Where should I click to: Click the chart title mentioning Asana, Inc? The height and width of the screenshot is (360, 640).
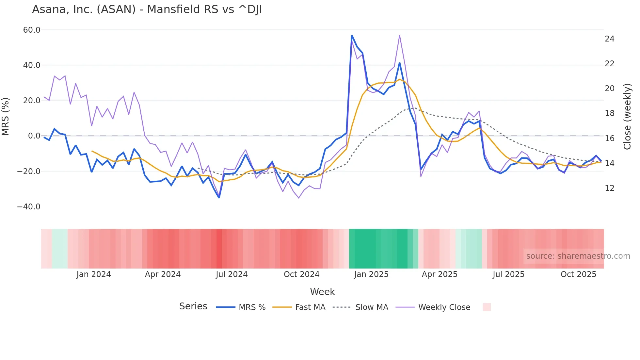(147, 9)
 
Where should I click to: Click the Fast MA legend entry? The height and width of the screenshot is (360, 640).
(299, 307)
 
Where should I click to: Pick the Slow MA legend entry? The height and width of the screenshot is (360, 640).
(360, 307)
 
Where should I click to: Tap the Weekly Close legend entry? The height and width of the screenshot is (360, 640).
(433, 307)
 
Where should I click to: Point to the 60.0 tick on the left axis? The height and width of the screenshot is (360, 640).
(32, 30)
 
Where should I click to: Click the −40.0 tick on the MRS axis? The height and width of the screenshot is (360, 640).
(29, 207)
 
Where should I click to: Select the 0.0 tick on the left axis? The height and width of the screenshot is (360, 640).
(34, 136)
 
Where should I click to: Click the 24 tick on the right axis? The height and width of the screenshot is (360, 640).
(609, 39)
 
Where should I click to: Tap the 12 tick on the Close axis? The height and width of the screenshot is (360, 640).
(609, 188)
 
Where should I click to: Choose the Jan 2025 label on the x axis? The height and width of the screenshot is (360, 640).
(371, 274)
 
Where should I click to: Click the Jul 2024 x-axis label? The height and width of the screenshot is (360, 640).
(232, 274)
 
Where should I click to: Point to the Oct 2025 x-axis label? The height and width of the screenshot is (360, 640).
(578, 274)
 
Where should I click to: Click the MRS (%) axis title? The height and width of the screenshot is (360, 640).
(6, 117)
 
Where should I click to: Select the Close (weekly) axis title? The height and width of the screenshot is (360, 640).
(627, 117)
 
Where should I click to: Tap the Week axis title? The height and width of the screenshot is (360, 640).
(322, 292)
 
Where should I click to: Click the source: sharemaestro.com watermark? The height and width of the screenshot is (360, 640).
(578, 256)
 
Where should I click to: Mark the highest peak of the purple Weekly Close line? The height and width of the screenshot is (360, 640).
(400, 35)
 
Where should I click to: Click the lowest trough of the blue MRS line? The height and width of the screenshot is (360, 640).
(219, 198)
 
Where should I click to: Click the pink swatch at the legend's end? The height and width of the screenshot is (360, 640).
(487, 307)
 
